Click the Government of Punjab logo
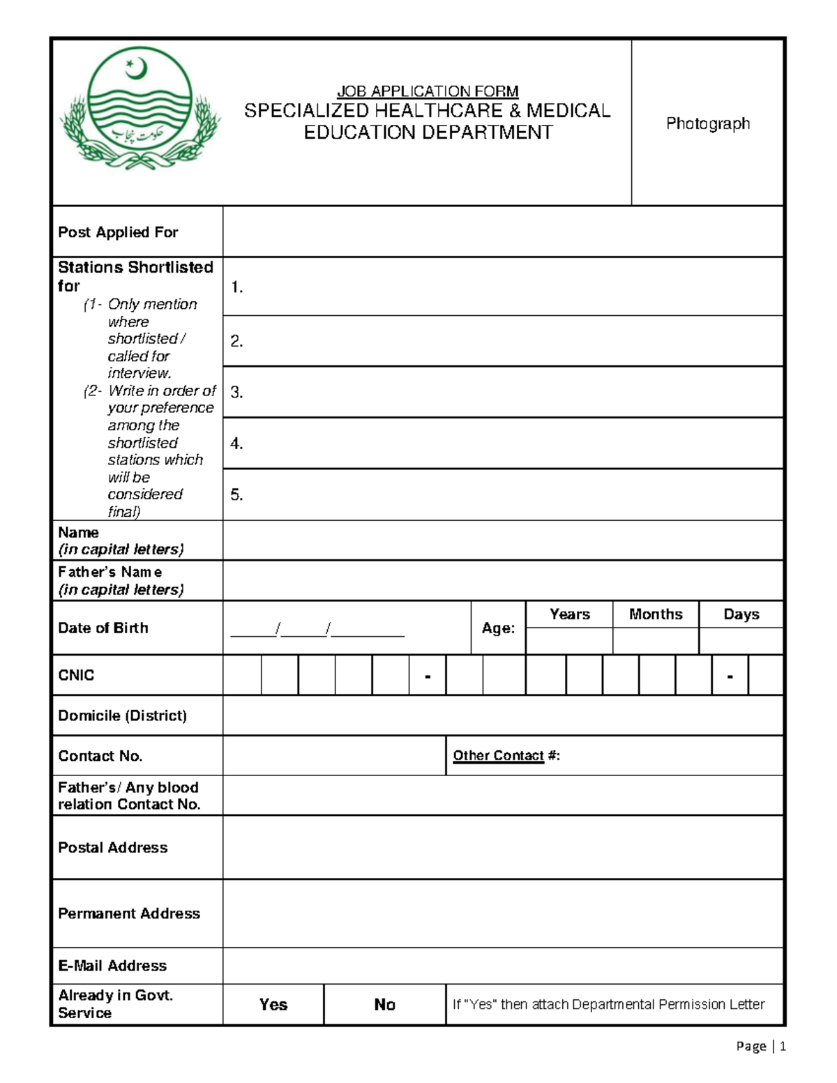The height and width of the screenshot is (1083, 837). pos(139,112)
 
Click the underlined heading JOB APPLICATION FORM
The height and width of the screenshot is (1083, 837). pos(428,91)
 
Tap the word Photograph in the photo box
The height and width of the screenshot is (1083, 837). pos(707,123)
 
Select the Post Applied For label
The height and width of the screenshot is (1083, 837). pos(118,232)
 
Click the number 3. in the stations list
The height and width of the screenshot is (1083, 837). pos(236,393)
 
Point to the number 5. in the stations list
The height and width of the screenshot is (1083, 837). pos(236,495)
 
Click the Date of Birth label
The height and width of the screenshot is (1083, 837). pos(103,628)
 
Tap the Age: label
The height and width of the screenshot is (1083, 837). pos(498,628)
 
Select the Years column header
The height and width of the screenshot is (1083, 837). pos(569,614)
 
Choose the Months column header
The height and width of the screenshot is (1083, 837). pos(656,614)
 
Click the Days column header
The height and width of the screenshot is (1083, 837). pos(741,614)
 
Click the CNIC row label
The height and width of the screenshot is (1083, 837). pos(76,675)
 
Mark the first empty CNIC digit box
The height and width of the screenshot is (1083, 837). pos(242,675)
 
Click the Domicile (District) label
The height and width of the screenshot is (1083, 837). pos(122,715)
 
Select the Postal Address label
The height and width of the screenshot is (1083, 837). pos(113,847)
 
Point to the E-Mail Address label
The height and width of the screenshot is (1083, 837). pos(112,966)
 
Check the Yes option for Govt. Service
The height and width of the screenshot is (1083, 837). pos(273,1004)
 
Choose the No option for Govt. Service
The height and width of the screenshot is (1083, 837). pos(384,1004)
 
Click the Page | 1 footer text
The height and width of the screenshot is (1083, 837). pos(761,1046)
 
